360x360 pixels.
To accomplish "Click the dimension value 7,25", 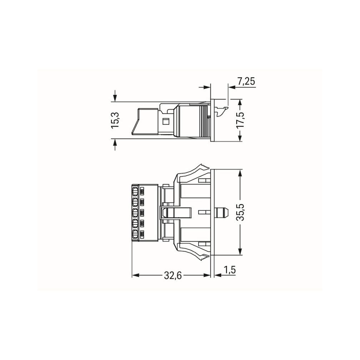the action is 246,82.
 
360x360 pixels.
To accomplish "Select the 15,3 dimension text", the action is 115,120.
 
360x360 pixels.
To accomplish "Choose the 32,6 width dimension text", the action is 173,276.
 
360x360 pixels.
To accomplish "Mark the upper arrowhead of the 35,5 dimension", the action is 240,173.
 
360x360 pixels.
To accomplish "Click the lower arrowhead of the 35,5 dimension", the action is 240,252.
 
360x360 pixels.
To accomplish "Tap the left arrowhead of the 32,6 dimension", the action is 136,275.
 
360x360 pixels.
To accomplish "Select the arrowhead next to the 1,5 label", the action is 218,275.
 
